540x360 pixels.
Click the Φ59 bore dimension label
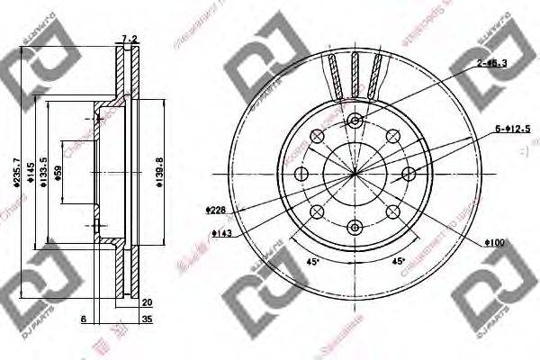click(x=59, y=173)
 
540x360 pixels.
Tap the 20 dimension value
click(x=146, y=303)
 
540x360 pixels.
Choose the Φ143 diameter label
click(x=220, y=232)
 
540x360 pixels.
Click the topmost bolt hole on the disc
click(x=355, y=121)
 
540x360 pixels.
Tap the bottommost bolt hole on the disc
click(x=355, y=226)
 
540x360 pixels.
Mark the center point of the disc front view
click(x=355, y=173)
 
